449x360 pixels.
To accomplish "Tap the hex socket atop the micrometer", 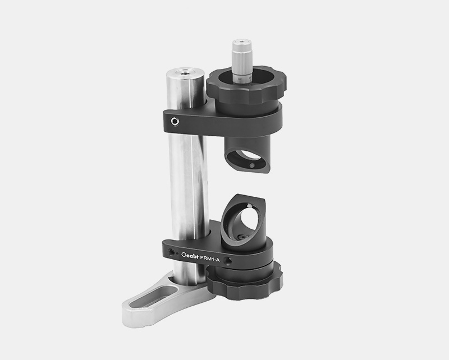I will (x=243, y=42).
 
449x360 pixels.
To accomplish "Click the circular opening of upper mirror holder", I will (x=248, y=155).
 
